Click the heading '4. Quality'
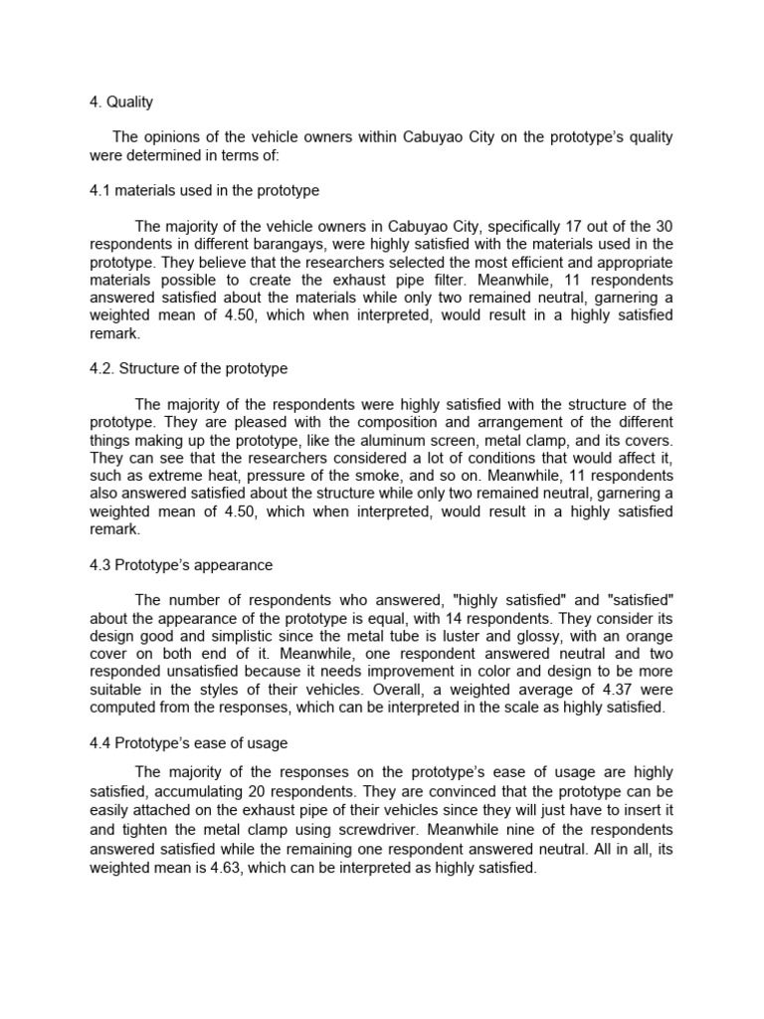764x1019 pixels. coord(121,102)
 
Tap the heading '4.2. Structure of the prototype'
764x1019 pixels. coord(189,368)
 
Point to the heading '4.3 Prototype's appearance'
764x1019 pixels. coord(181,565)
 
